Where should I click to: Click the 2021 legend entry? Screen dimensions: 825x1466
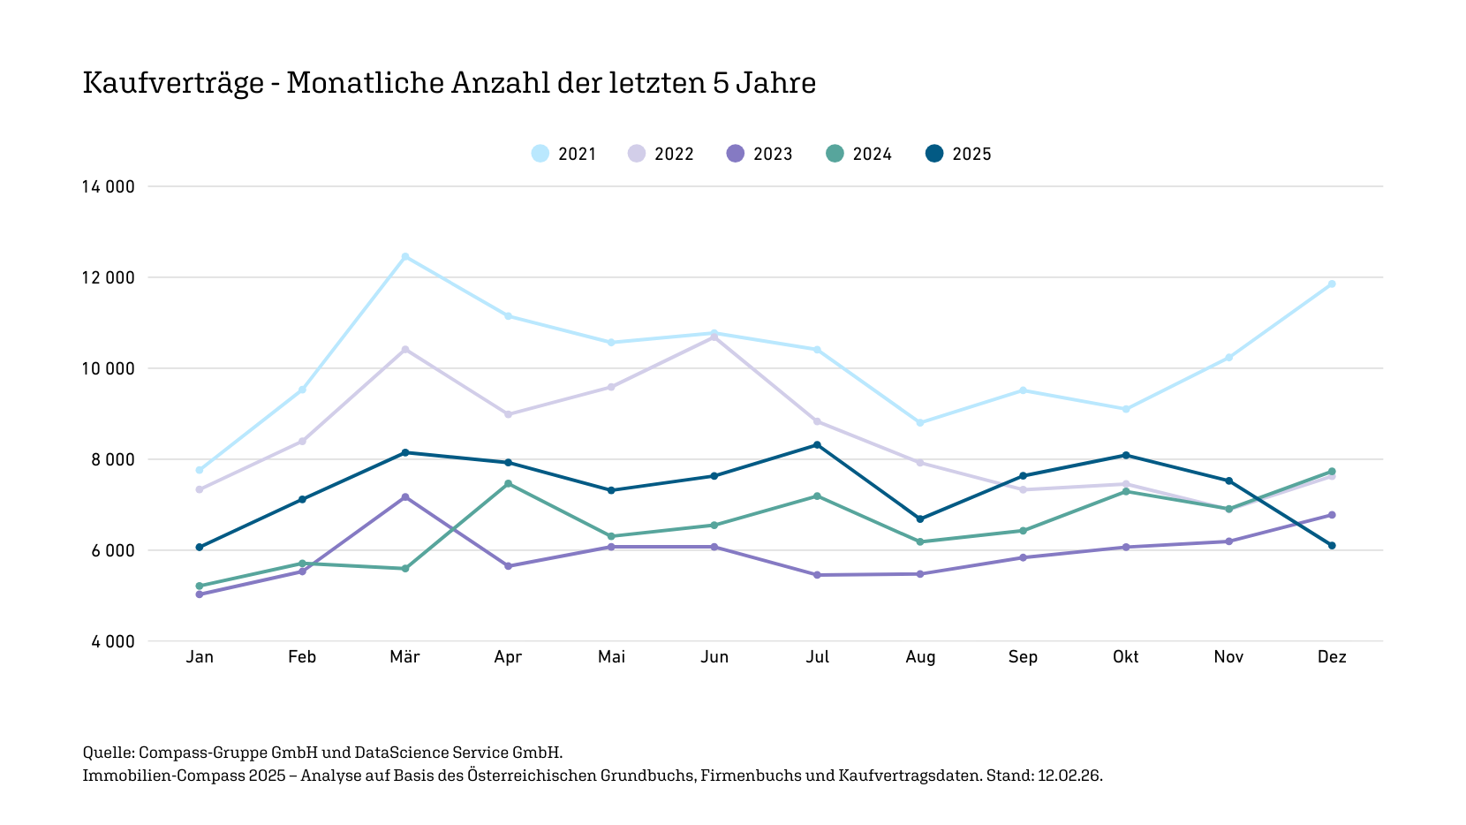pos(564,154)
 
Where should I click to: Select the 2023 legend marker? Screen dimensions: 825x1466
pos(736,154)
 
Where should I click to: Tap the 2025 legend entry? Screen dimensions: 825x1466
pos(958,154)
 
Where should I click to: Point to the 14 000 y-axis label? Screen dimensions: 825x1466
pos(109,186)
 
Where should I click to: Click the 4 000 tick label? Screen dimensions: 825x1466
pos(113,641)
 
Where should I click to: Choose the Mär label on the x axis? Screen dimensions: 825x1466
pos(404,656)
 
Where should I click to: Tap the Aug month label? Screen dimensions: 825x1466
pos(920,656)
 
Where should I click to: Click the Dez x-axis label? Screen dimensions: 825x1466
pos(1332,656)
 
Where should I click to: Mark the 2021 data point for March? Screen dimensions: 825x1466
pos(405,257)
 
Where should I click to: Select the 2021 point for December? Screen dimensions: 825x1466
pos(1332,284)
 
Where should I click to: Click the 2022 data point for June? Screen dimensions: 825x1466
pos(714,337)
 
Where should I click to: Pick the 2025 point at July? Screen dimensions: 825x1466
pos(817,445)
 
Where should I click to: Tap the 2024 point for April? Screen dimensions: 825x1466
pos(508,483)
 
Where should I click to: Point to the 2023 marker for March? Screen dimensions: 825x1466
pos(405,497)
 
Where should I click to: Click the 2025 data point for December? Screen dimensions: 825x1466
pos(1332,546)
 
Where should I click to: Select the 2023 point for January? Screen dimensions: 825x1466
pos(200,594)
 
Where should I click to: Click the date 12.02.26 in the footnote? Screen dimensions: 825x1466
pos(1069,776)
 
